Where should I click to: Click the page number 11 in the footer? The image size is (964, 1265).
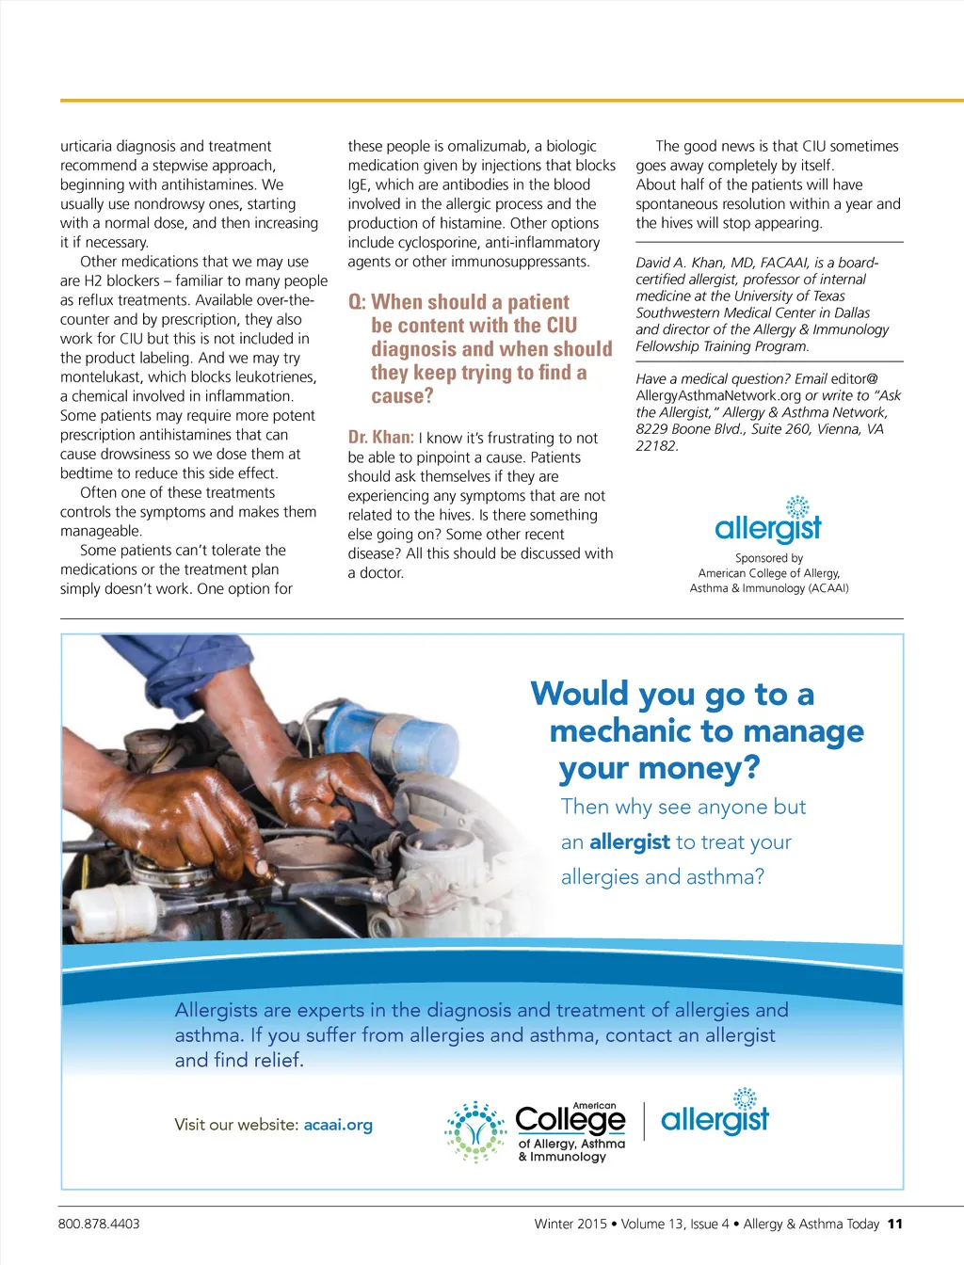click(894, 1224)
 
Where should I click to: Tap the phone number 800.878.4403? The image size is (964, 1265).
click(99, 1224)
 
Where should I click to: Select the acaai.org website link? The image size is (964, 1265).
click(338, 1125)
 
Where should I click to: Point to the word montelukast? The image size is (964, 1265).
click(101, 376)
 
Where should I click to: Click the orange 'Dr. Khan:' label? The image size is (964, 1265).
click(380, 437)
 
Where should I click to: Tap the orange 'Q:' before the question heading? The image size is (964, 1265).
click(357, 302)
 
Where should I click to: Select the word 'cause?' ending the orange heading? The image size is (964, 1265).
click(402, 396)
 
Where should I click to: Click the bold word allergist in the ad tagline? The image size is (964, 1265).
click(629, 841)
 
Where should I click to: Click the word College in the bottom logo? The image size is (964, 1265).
click(570, 1120)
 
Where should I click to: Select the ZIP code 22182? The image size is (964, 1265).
click(656, 446)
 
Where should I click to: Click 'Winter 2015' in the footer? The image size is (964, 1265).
click(570, 1224)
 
